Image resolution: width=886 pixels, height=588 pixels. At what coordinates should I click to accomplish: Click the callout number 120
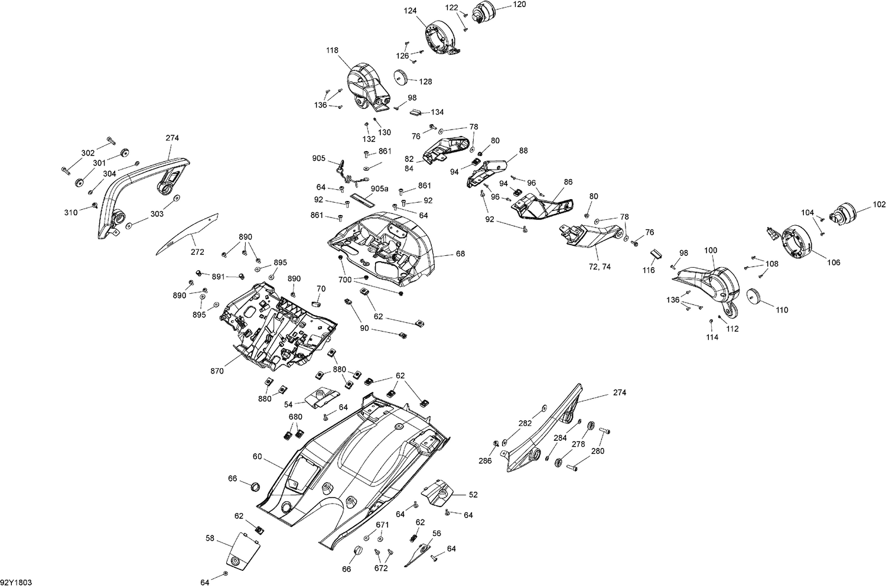(x=519, y=4)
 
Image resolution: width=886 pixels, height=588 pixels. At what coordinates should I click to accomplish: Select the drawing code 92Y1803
(x=16, y=582)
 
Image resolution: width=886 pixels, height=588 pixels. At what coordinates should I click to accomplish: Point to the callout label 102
(x=879, y=205)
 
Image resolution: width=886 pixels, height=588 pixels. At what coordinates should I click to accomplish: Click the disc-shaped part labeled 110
(x=753, y=295)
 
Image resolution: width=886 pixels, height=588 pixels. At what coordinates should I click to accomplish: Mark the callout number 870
(x=217, y=371)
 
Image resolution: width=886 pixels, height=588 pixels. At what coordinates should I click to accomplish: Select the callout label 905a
(x=379, y=189)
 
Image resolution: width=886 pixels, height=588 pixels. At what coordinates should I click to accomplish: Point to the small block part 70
(x=316, y=303)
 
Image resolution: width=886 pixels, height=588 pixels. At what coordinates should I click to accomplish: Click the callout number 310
(x=71, y=213)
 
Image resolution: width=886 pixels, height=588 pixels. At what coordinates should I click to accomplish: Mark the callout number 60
(x=257, y=456)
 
